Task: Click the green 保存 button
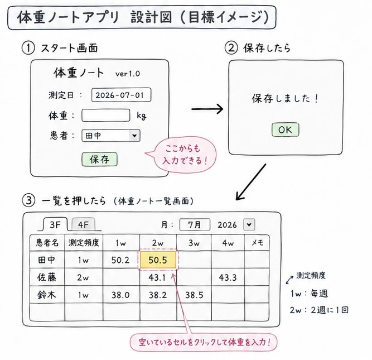(99, 159)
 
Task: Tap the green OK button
(285, 129)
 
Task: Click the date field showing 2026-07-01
(121, 95)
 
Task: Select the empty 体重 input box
(106, 116)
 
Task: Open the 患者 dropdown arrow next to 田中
(134, 136)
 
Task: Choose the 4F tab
(83, 224)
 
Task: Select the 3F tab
(55, 224)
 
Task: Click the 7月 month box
(195, 224)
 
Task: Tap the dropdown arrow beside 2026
(249, 224)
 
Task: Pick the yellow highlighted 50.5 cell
(158, 260)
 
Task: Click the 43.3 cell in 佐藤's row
(228, 277)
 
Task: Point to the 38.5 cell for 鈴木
(194, 295)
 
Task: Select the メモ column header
(257, 243)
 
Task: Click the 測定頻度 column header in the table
(84, 243)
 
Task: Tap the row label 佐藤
(47, 277)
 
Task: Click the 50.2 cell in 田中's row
(120, 260)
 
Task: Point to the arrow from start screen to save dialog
(207, 109)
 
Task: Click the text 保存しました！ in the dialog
(285, 98)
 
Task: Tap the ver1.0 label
(128, 74)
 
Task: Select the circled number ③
(28, 201)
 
